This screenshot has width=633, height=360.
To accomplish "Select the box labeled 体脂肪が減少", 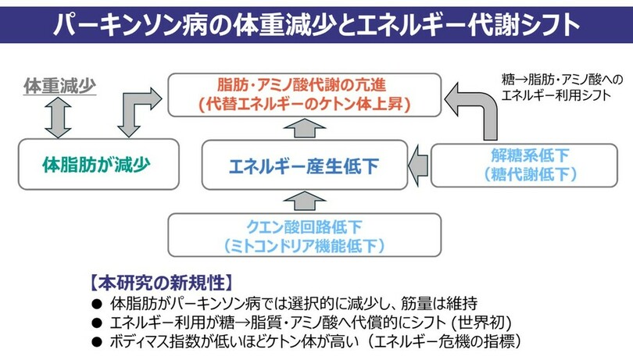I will [x=96, y=165].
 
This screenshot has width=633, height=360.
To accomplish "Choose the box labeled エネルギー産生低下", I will [x=305, y=165].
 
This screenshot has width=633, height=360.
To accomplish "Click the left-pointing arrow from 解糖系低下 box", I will [x=418, y=165].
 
